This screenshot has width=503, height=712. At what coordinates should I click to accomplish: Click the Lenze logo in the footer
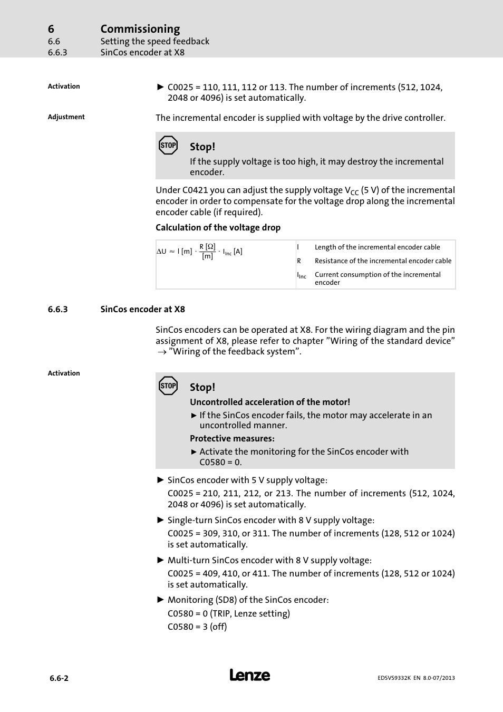tap(249, 675)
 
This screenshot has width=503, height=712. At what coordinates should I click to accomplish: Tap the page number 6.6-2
tap(59, 678)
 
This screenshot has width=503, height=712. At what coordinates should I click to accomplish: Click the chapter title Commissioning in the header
tap(140, 29)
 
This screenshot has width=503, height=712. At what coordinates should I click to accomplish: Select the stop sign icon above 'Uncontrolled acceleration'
tap(168, 386)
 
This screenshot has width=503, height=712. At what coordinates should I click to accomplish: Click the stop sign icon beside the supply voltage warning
tap(168, 146)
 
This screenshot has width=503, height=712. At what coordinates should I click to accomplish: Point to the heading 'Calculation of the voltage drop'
tap(218, 227)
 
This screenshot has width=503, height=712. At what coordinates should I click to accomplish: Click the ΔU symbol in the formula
tap(161, 252)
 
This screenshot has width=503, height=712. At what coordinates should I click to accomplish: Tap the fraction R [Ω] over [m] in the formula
tap(207, 252)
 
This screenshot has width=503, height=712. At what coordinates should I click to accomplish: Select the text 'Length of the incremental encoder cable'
tap(377, 247)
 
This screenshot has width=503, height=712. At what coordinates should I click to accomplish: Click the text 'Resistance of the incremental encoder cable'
tap(383, 261)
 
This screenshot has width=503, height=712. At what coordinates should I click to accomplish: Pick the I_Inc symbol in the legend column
tap(301, 275)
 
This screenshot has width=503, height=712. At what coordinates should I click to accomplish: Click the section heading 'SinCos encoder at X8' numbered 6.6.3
tap(142, 310)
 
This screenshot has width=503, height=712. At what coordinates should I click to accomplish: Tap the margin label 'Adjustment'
tap(66, 117)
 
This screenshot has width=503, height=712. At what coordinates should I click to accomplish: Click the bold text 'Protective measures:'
tap(232, 438)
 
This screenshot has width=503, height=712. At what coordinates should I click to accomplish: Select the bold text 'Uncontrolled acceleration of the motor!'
tap(269, 402)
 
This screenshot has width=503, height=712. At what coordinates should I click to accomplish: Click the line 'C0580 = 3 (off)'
tap(197, 627)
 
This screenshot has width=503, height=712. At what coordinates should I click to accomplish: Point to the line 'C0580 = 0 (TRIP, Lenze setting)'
tap(228, 613)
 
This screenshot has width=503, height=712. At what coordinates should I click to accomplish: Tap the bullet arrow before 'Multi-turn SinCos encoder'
tap(161, 560)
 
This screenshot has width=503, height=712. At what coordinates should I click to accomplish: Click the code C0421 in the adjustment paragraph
tap(196, 190)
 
